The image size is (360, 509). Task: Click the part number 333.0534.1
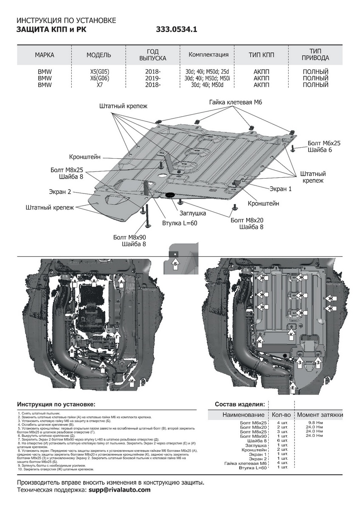[177, 30]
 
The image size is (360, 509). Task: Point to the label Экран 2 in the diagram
[59, 192]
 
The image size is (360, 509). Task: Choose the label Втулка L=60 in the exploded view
[180, 222]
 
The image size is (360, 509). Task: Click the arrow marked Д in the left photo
[102, 366]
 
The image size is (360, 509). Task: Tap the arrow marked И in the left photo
[132, 380]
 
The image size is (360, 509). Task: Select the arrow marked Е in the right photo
[293, 386]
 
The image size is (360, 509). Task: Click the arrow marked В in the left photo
[72, 352]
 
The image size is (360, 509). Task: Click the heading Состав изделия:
[240, 404]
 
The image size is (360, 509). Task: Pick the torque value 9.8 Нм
[314, 423]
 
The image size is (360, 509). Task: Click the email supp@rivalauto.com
[119, 490]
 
